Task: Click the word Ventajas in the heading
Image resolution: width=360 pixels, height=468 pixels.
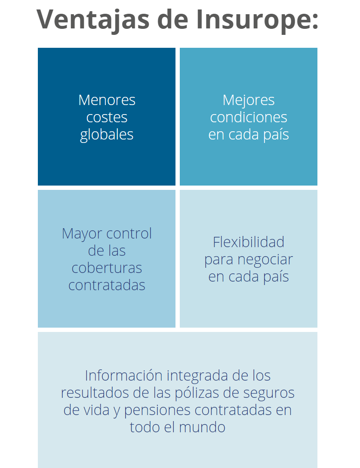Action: [x=93, y=20]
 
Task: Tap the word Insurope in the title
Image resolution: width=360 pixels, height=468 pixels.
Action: [x=257, y=20]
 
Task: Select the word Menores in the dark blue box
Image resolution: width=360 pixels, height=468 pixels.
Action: [x=107, y=100]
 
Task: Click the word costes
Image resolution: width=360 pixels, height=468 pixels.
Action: [x=107, y=117]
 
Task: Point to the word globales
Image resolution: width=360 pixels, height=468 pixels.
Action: [x=107, y=135]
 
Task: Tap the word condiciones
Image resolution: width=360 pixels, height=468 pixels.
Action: [x=249, y=117]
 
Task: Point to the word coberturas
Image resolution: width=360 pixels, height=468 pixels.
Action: [x=107, y=268]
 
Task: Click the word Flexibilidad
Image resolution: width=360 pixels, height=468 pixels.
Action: [x=249, y=242]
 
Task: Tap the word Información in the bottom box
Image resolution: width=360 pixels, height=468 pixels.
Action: [x=123, y=375]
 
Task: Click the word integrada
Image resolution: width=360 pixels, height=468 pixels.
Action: [x=197, y=376]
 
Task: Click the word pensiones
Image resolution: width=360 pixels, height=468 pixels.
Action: [x=157, y=411]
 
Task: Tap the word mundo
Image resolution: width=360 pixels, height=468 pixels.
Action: [x=202, y=427]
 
